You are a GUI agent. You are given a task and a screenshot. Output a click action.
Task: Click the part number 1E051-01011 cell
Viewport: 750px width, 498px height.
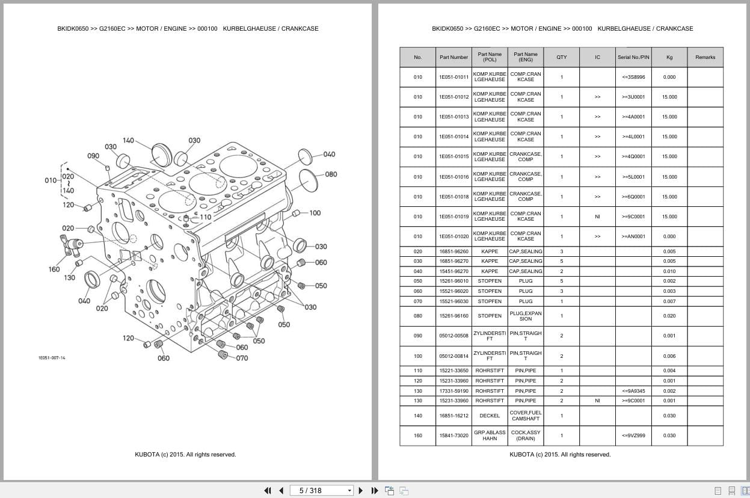tap(453, 77)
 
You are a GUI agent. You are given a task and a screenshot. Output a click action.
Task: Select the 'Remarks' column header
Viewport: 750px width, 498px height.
tap(705, 57)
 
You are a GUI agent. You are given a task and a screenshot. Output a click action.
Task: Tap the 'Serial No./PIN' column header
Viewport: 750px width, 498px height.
tap(633, 57)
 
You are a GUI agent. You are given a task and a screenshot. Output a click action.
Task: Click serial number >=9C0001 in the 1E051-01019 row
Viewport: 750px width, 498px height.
tap(633, 217)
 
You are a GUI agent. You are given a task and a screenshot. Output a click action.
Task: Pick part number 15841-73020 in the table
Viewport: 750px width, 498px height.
tap(453, 435)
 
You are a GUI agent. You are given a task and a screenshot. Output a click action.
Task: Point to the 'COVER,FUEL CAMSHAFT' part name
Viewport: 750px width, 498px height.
tap(525, 416)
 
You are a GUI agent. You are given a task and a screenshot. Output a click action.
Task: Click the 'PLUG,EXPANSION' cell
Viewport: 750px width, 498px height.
tap(525, 316)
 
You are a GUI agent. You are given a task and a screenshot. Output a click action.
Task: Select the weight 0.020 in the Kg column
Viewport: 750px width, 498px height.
tap(669, 316)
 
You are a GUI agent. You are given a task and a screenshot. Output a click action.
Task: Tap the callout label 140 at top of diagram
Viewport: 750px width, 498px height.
tap(128, 140)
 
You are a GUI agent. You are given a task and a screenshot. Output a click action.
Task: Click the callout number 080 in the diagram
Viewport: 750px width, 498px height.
tap(331, 174)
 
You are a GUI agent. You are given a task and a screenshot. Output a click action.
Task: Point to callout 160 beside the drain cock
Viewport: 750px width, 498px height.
tap(54, 269)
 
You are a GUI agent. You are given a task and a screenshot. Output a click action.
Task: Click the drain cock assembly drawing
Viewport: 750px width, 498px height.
tap(72, 245)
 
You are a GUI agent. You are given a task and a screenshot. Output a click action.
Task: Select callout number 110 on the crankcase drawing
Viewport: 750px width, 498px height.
tap(206, 217)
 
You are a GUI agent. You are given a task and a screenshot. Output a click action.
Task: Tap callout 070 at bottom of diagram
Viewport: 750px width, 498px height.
tap(242, 358)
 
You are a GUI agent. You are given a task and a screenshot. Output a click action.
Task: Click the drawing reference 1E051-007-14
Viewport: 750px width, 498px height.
tap(52, 358)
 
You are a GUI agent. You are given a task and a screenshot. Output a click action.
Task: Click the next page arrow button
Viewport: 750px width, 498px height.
tap(361, 491)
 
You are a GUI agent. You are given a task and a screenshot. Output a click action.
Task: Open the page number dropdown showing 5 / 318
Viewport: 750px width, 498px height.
tap(321, 491)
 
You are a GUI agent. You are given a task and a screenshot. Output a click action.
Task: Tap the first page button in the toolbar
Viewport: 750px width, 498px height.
tap(268, 491)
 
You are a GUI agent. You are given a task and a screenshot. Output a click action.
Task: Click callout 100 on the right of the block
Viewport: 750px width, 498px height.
tap(315, 213)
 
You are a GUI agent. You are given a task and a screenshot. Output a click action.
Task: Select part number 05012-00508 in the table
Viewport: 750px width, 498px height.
tap(453, 336)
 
